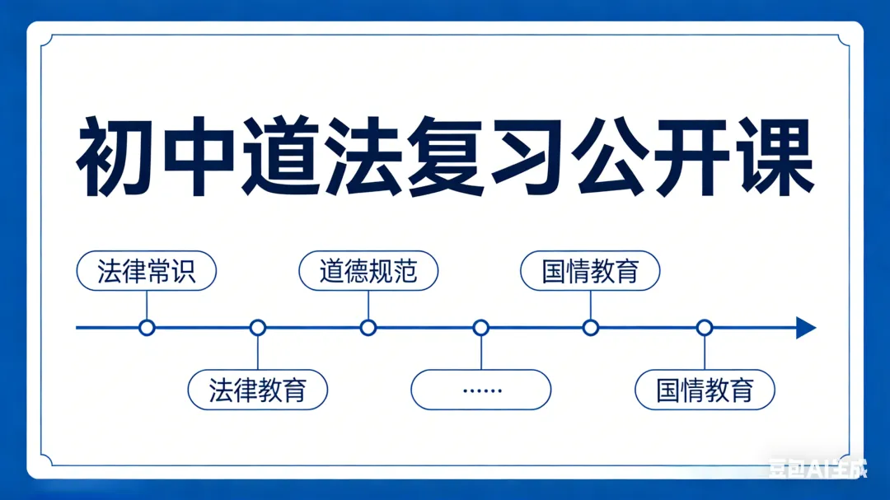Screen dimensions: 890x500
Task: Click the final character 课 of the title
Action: [775, 157]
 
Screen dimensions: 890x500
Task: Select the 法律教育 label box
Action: [258, 390]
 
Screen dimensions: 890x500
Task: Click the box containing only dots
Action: [480, 390]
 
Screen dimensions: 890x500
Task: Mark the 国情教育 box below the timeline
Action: [705, 390]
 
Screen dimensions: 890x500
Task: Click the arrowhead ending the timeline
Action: [806, 328]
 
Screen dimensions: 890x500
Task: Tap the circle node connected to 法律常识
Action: [147, 328]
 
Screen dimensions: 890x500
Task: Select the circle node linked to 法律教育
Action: [258, 328]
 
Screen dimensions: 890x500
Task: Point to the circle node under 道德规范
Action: [368, 328]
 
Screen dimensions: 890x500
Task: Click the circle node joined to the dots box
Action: [481, 328]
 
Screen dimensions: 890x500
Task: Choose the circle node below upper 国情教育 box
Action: [590, 328]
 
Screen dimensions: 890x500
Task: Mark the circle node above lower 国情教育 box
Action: [705, 328]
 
